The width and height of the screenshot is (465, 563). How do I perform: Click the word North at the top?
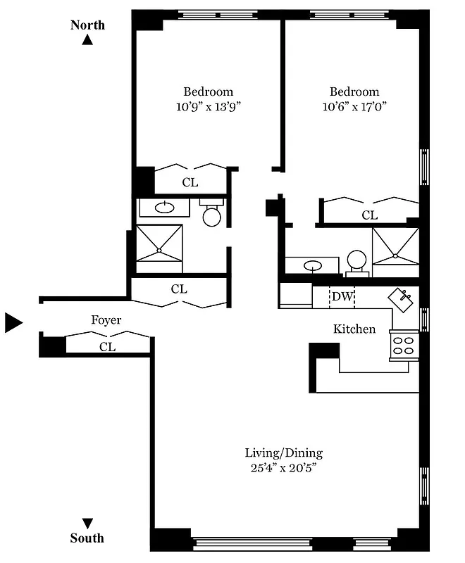click(87, 25)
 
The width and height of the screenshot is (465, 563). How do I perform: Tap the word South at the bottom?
click(87, 538)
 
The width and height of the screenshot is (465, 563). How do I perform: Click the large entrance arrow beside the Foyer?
click(14, 322)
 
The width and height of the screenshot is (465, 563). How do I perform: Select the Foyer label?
click(106, 320)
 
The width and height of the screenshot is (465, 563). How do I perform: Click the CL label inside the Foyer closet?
click(107, 346)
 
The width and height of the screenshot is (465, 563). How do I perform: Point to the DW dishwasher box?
click(342, 296)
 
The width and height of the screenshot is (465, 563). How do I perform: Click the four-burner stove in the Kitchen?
click(403, 345)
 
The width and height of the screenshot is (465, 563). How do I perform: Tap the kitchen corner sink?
click(402, 298)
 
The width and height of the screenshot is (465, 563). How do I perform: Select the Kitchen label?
click(354, 329)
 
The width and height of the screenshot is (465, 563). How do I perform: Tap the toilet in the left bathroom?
click(212, 214)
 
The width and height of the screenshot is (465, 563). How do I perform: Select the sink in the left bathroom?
click(165, 207)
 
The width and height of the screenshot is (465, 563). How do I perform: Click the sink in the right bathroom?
click(312, 265)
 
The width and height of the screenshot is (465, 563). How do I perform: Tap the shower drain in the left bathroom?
click(159, 249)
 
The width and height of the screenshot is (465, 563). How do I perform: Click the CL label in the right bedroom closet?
click(370, 215)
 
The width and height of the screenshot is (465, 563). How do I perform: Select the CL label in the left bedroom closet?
click(190, 182)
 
